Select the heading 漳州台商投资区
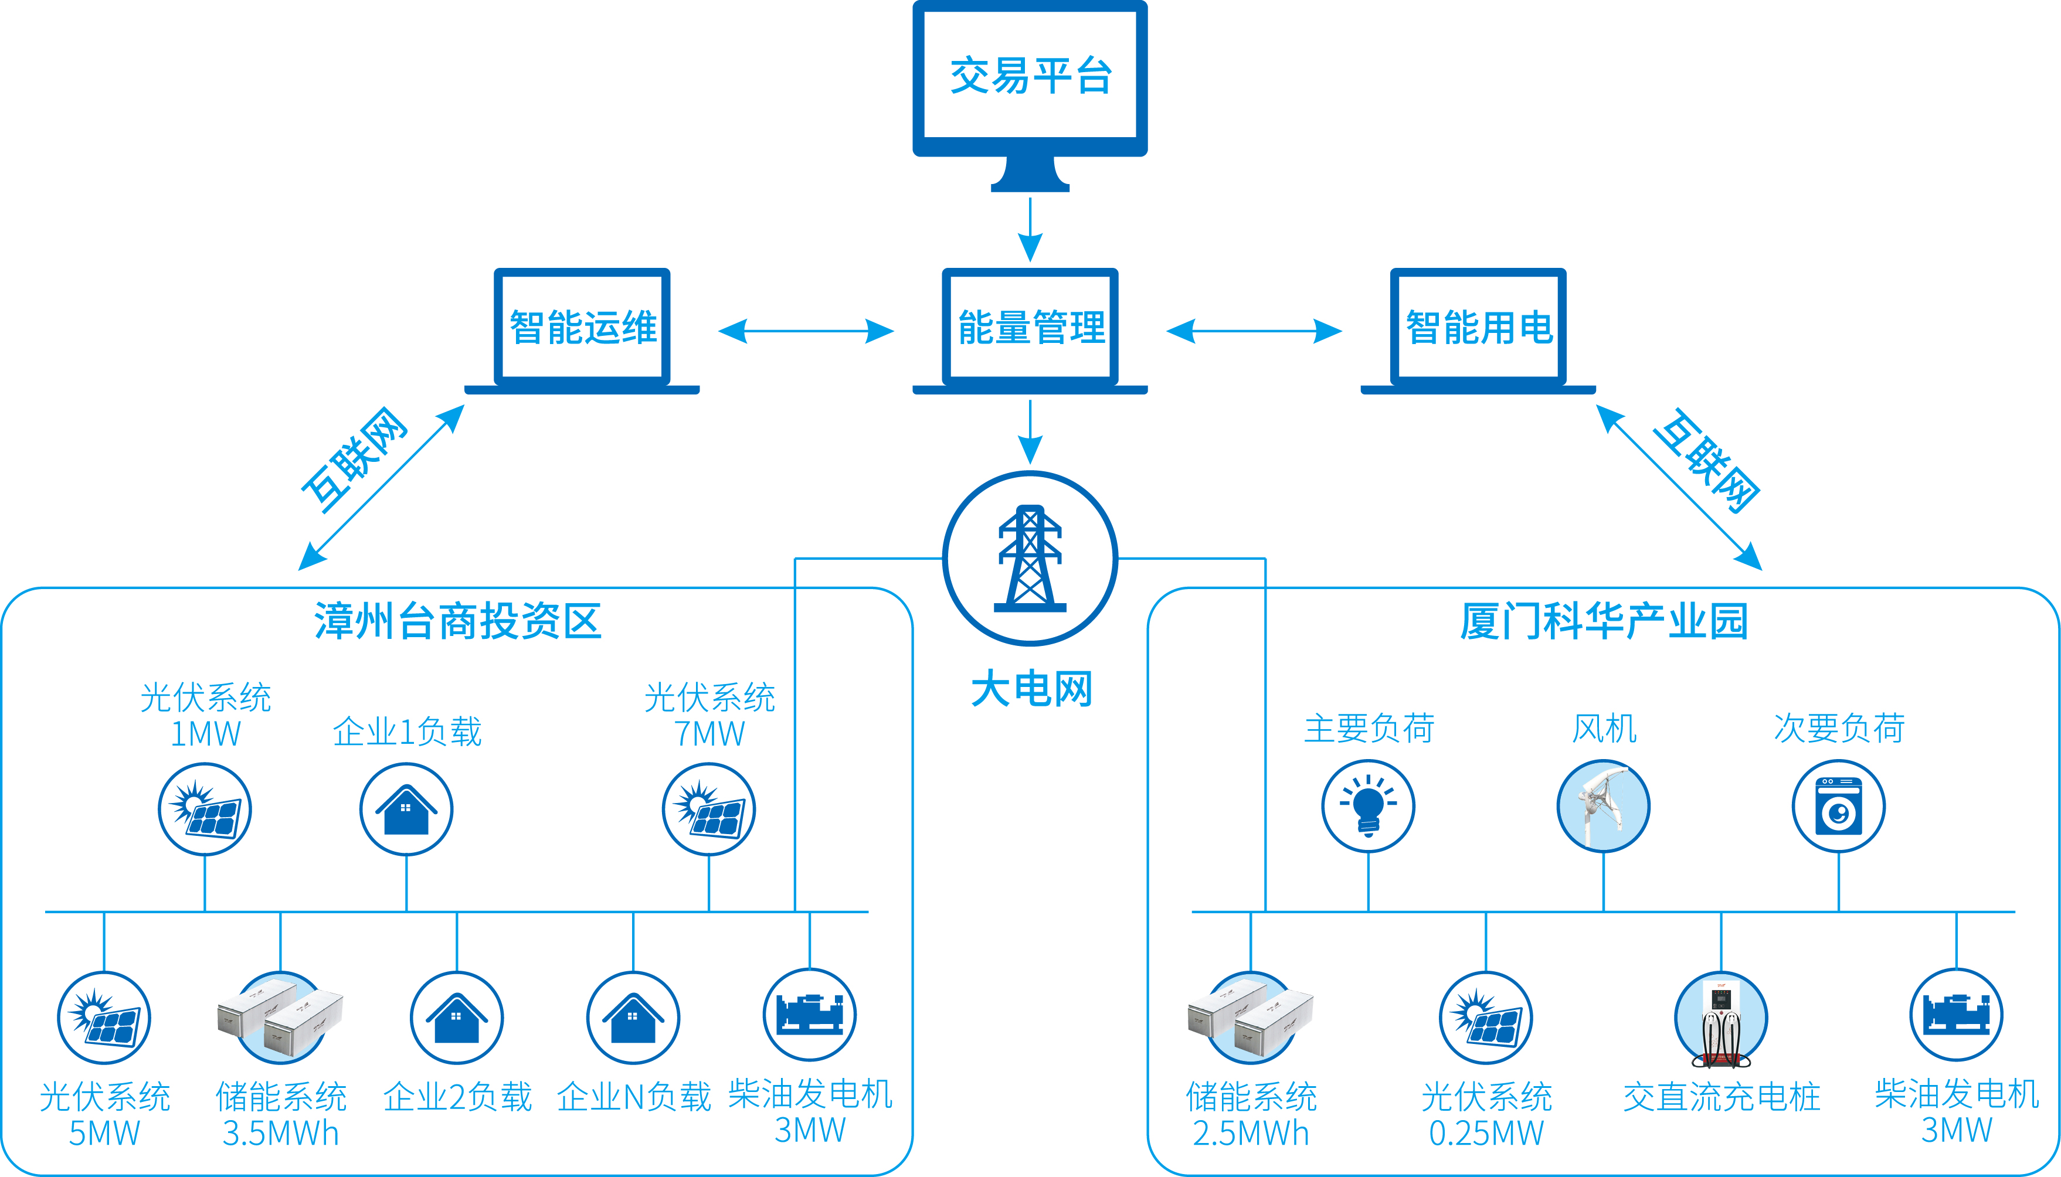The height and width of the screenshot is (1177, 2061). (457, 621)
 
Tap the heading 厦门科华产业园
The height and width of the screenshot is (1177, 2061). (1604, 621)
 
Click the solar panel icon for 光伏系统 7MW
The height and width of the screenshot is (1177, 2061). (709, 809)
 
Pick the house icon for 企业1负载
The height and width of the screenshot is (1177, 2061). (406, 809)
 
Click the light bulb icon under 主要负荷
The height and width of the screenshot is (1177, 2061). (1368, 806)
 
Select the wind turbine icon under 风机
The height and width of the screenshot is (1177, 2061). (1604, 806)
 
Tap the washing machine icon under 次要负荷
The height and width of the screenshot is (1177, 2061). (1839, 806)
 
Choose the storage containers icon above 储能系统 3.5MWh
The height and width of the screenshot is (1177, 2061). (280, 1018)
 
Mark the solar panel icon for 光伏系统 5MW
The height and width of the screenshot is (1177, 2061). (104, 1018)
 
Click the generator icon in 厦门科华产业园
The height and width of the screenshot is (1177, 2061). (1956, 1015)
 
